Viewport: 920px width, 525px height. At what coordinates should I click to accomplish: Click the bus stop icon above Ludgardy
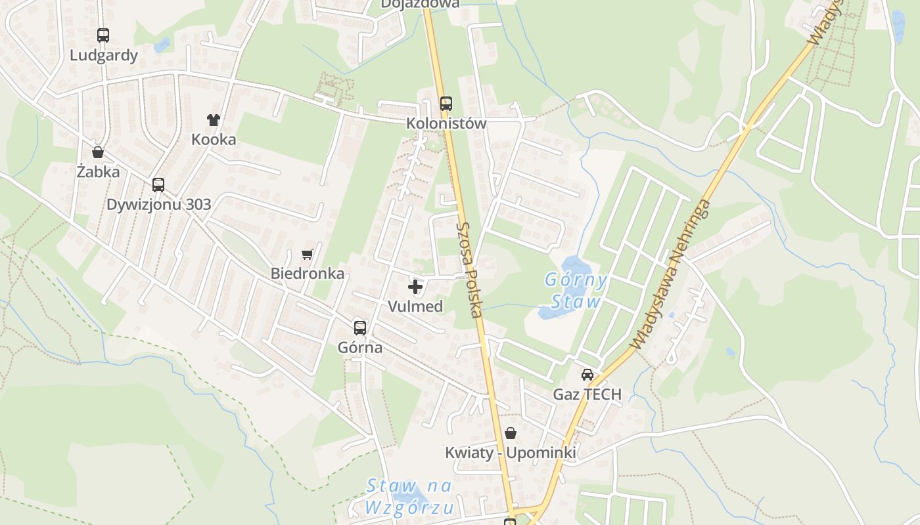[x=103, y=35]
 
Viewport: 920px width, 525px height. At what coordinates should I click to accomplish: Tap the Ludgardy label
[x=104, y=55]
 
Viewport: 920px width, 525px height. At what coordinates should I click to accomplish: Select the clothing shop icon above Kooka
[x=214, y=119]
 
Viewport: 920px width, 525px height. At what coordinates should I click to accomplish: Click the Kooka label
[x=214, y=140]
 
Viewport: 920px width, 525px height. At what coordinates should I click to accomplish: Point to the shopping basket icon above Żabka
[x=98, y=152]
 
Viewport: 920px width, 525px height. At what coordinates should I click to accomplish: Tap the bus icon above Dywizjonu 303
[x=158, y=184]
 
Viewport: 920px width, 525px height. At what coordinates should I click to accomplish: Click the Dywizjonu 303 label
[x=159, y=204]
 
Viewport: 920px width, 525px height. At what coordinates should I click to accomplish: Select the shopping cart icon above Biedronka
[x=307, y=253]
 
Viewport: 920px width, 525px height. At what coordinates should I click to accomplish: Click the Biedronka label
[x=308, y=274]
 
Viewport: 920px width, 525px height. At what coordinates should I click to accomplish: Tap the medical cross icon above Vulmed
[x=415, y=286]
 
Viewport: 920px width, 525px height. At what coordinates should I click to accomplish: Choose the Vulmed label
[x=415, y=306]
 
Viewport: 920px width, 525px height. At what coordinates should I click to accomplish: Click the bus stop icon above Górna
[x=360, y=327]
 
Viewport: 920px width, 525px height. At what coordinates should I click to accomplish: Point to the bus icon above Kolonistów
[x=446, y=103]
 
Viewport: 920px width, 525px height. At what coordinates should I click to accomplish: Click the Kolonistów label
[x=446, y=123]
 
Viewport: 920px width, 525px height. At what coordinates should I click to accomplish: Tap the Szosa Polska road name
[x=470, y=269]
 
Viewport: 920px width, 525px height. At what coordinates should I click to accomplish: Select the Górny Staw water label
[x=576, y=291]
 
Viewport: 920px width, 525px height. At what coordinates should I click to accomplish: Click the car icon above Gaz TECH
[x=587, y=374]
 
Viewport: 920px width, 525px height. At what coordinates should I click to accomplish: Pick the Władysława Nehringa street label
[x=670, y=276]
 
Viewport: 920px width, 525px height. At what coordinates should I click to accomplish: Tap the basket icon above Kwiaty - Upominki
[x=511, y=433]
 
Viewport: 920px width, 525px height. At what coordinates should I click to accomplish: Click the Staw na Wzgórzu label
[x=409, y=497]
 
